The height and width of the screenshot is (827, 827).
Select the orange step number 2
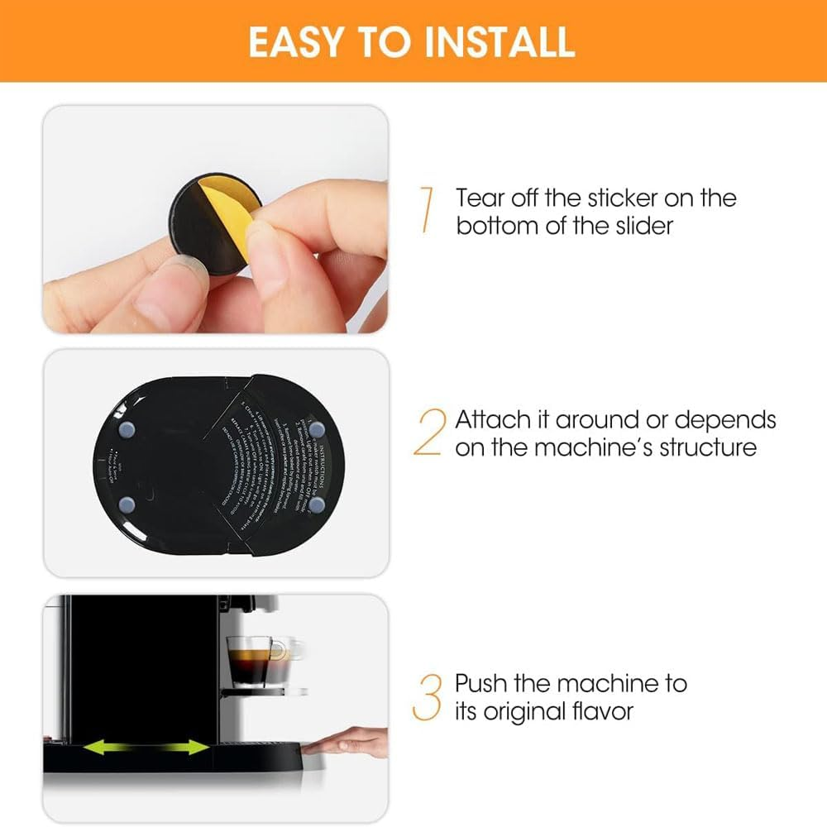click(429, 433)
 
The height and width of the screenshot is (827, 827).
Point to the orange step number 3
click(428, 696)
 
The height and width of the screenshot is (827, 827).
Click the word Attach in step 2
click(502, 419)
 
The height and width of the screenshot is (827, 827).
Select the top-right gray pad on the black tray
click(317, 429)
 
